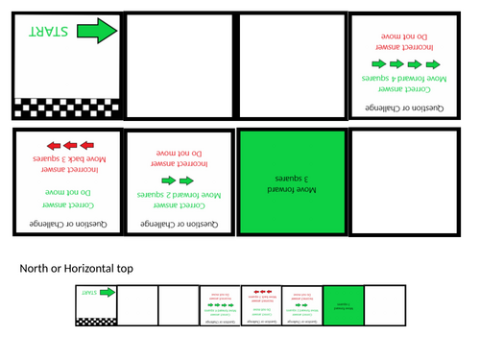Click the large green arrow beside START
96,33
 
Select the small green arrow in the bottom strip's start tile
107,293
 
